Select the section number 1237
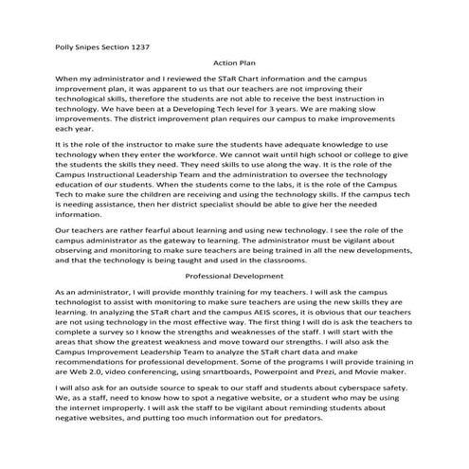pyautogui.click(x=136, y=45)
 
